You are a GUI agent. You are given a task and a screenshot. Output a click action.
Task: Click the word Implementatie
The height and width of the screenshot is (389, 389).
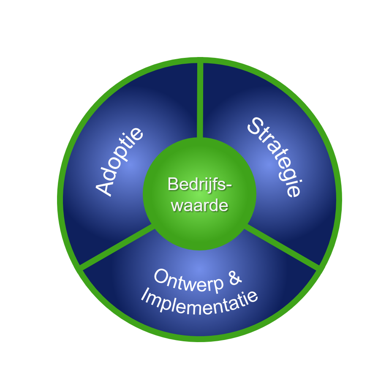click(x=199, y=300)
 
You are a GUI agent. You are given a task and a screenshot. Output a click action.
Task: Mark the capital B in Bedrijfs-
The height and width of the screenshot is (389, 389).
click(x=172, y=185)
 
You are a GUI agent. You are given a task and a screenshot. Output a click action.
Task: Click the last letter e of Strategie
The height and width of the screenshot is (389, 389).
click(x=293, y=190)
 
